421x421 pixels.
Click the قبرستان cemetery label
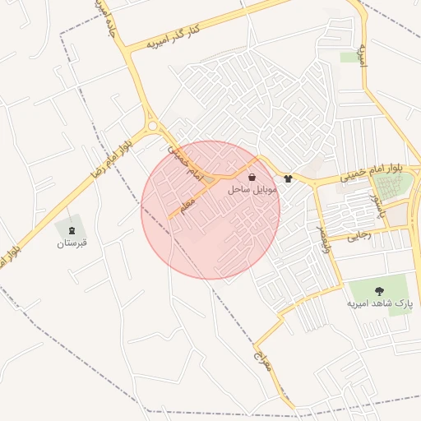click(x=72, y=243)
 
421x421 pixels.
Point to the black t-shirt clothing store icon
click(x=288, y=178)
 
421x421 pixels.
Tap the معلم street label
click(x=187, y=202)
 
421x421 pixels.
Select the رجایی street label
click(x=359, y=236)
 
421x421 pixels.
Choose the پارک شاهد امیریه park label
click(x=379, y=304)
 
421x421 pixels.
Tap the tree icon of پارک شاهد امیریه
click(x=379, y=289)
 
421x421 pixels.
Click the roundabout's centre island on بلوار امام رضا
click(x=152, y=126)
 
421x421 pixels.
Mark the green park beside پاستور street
click(x=389, y=185)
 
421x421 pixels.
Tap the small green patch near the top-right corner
click(x=349, y=58)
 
